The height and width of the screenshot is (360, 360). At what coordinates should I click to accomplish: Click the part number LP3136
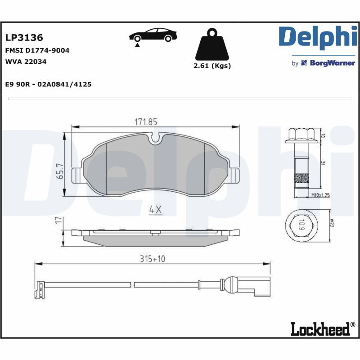click(x=24, y=37)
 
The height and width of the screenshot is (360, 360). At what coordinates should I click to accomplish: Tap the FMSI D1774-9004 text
click(x=37, y=50)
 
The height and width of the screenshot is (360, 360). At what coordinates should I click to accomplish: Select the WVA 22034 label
click(x=26, y=62)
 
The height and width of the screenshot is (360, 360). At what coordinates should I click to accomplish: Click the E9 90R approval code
click(x=48, y=84)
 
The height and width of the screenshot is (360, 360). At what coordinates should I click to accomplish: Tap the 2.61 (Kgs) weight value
click(x=211, y=66)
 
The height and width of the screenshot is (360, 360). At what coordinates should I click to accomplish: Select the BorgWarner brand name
click(x=329, y=63)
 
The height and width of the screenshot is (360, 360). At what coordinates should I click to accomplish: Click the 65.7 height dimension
click(x=60, y=171)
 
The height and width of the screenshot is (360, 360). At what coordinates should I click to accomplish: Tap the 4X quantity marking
click(x=155, y=210)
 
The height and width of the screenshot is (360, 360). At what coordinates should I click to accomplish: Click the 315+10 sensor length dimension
click(x=153, y=259)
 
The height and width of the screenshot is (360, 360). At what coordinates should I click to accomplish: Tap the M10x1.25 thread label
click(x=321, y=195)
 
